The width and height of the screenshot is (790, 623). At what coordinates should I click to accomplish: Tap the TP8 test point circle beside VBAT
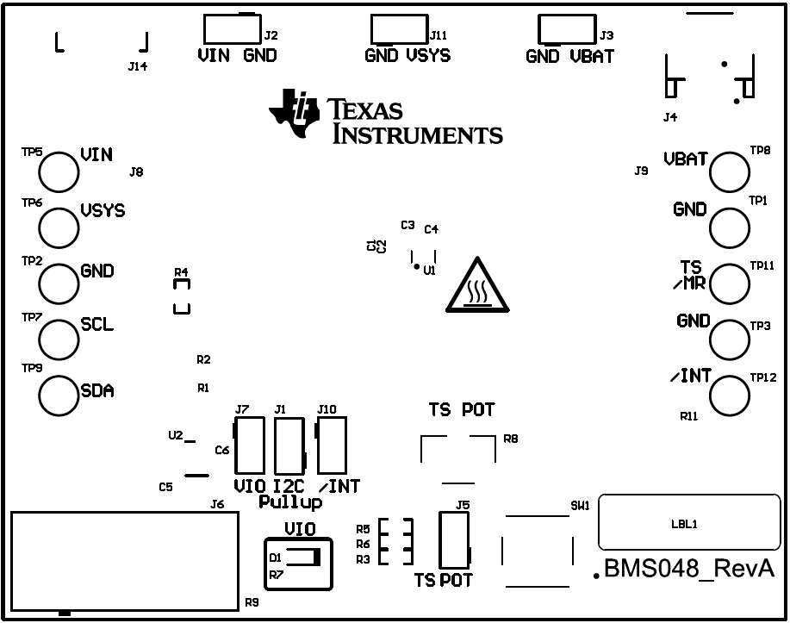pos(730,171)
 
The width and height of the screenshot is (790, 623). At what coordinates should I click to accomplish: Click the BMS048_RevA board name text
pos(689,570)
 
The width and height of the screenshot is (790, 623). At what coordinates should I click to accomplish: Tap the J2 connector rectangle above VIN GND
pos(229,30)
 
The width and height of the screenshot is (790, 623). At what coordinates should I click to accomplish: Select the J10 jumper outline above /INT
pos(332,445)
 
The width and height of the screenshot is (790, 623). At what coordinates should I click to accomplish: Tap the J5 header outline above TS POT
pos(454,539)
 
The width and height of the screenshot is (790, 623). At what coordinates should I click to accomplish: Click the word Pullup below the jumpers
pos(290,502)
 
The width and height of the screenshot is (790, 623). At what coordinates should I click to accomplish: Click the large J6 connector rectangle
pos(121,561)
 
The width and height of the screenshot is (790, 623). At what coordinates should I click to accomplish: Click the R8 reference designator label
pos(511,439)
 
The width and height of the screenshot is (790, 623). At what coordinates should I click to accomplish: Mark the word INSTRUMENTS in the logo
pos(417,134)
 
